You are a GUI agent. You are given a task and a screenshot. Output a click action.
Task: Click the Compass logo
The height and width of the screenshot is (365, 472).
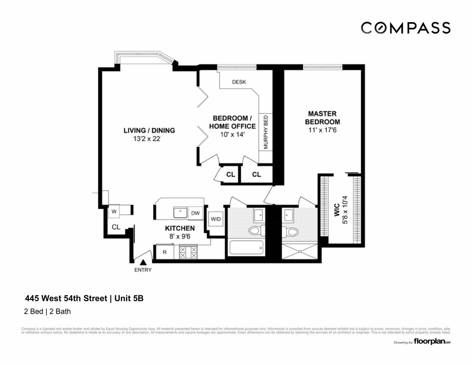click(405, 28)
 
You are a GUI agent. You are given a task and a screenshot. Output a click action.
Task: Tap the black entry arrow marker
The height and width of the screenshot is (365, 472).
click(143, 262)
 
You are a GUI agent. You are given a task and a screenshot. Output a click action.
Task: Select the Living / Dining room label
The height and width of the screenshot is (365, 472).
click(149, 130)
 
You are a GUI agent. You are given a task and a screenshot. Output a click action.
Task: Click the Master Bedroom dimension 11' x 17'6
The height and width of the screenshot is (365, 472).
click(322, 130)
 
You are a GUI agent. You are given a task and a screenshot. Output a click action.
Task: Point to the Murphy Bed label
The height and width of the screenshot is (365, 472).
click(266, 132)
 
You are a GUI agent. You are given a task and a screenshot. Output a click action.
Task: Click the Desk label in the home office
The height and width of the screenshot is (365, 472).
click(239, 82)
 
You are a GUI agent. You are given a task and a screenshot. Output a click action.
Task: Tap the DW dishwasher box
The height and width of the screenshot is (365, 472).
click(195, 213)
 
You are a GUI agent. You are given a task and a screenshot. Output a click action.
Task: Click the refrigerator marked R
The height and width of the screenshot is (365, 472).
click(165, 252)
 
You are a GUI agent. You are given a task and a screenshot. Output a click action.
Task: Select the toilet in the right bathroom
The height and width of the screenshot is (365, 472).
click(290, 231)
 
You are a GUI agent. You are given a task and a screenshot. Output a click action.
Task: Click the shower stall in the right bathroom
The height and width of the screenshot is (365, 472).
click(299, 251)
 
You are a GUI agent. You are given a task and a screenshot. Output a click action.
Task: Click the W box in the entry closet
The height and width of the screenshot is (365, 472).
click(114, 211)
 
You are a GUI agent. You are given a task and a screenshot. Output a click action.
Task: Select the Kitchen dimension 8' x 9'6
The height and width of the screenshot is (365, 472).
click(180, 236)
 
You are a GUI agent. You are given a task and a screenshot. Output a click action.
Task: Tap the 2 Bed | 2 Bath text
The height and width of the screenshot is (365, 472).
click(47, 312)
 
